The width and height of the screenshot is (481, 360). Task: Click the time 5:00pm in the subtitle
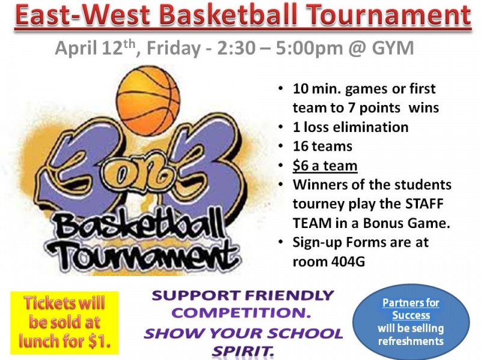pos(309,49)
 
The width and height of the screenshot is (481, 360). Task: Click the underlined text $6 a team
pos(325,166)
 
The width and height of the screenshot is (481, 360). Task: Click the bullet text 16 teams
pos(322,146)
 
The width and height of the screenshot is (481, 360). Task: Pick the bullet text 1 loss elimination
pos(351,127)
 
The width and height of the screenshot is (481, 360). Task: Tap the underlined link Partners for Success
pos(411,308)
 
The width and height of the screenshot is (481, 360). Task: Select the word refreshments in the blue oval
pos(411,341)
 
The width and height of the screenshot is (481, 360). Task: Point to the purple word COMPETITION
pos(240,313)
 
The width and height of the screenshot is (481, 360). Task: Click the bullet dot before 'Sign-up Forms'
pos(280,242)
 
